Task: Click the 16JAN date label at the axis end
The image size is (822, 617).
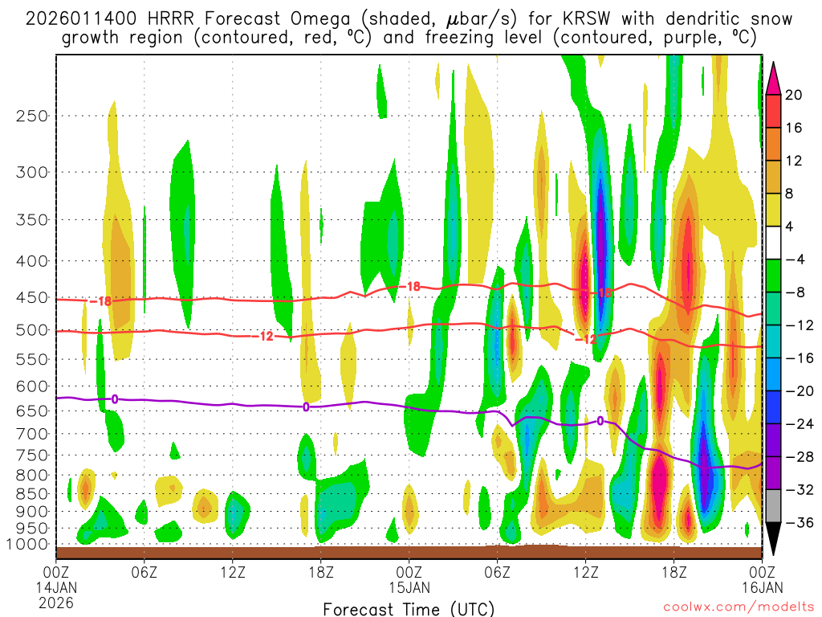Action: click(x=760, y=586)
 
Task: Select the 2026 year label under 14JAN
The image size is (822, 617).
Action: click(x=55, y=602)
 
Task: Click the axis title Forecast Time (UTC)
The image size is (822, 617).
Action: click(x=409, y=608)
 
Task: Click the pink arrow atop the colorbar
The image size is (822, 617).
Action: click(x=773, y=77)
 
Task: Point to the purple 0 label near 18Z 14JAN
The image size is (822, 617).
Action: click(x=306, y=407)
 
